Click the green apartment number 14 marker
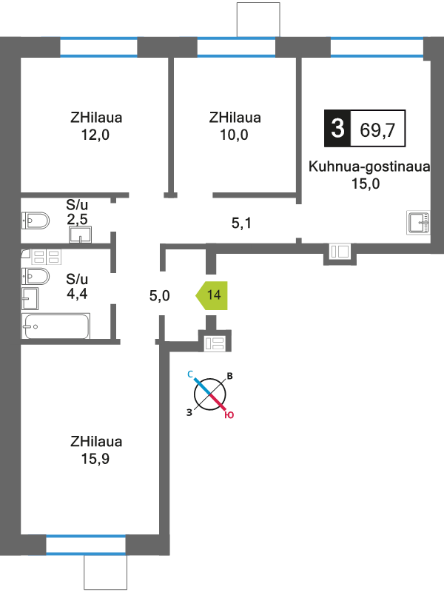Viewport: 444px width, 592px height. pyautogui.click(x=212, y=295)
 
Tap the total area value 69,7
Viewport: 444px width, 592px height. pyautogui.click(x=377, y=129)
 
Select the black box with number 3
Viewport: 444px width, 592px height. pyautogui.click(x=337, y=128)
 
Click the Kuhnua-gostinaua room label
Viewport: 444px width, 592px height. pyautogui.click(x=369, y=166)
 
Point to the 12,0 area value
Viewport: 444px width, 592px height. pyautogui.click(x=95, y=135)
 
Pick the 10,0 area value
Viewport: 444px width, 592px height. pyautogui.click(x=234, y=135)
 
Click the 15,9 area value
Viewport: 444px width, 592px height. pyautogui.click(x=95, y=459)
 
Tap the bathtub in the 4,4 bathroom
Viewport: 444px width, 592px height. pyautogui.click(x=56, y=326)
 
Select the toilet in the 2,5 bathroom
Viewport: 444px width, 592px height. pyautogui.click(x=36, y=221)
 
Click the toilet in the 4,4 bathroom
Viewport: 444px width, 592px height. pyautogui.click(x=36, y=277)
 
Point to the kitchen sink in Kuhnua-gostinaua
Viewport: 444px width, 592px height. pyautogui.click(x=418, y=222)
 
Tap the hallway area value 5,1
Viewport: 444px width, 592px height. pyautogui.click(x=241, y=223)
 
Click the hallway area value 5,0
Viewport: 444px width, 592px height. pyautogui.click(x=159, y=295)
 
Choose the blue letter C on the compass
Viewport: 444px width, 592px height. pyautogui.click(x=190, y=374)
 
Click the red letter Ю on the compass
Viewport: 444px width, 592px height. pyautogui.click(x=229, y=415)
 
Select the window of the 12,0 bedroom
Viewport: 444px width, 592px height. pyautogui.click(x=98, y=47)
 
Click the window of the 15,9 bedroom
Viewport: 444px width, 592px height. pyautogui.click(x=86, y=545)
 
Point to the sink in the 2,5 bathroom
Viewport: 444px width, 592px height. pyautogui.click(x=81, y=235)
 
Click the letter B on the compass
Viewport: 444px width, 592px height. pyautogui.click(x=229, y=376)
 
